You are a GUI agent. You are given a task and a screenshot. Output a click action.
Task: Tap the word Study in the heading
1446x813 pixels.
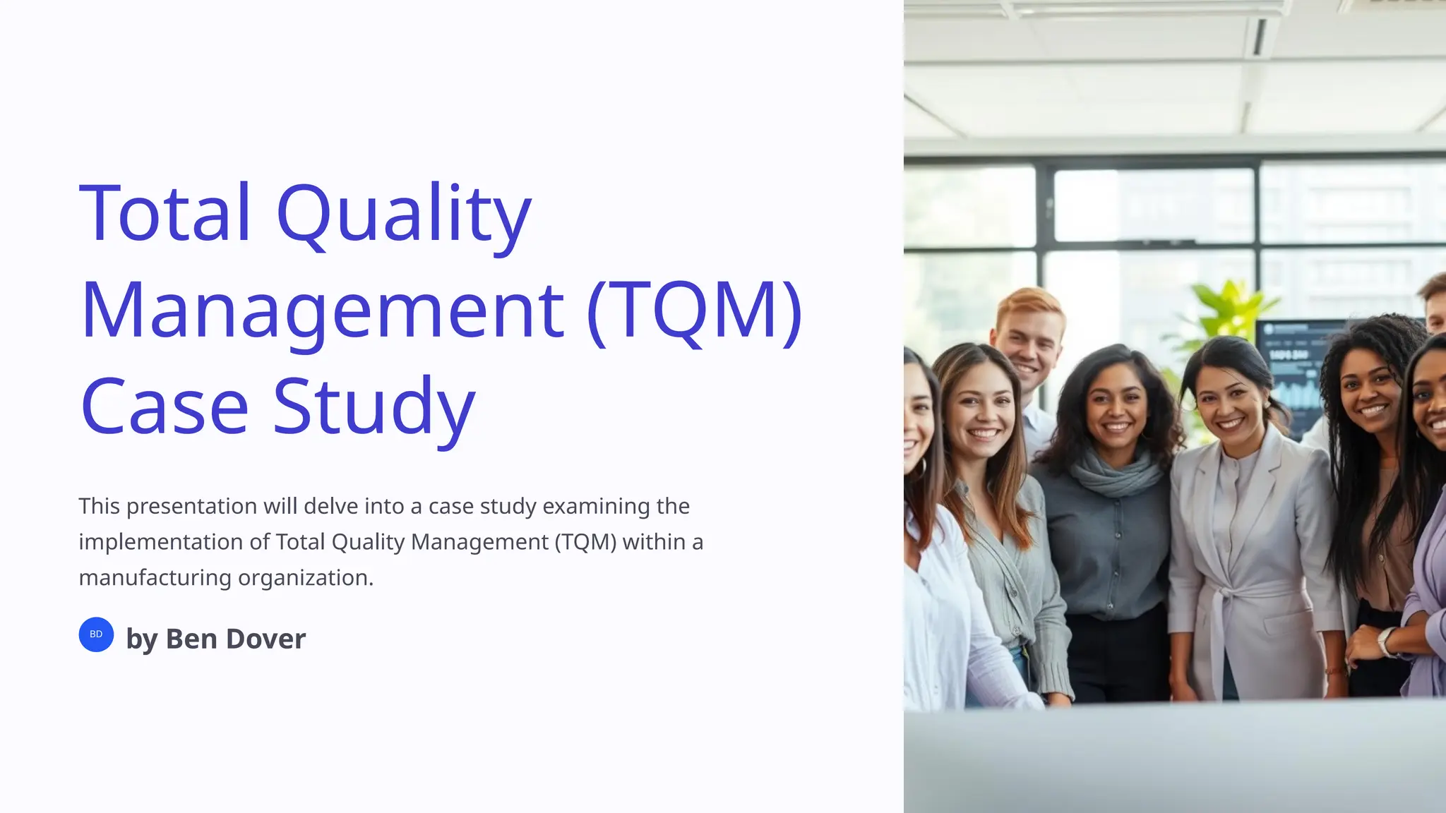click(x=374, y=407)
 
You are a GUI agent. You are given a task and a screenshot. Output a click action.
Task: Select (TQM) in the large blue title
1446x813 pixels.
click(x=695, y=311)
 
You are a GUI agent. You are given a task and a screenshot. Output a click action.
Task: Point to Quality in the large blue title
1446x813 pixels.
click(x=403, y=215)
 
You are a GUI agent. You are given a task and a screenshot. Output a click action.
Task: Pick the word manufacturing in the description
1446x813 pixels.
click(x=155, y=577)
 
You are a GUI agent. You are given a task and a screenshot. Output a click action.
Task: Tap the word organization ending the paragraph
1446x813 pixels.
click(x=305, y=577)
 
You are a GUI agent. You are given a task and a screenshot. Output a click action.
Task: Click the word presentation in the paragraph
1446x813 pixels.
click(x=191, y=506)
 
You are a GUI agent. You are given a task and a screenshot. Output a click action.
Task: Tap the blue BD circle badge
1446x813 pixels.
click(x=96, y=634)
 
